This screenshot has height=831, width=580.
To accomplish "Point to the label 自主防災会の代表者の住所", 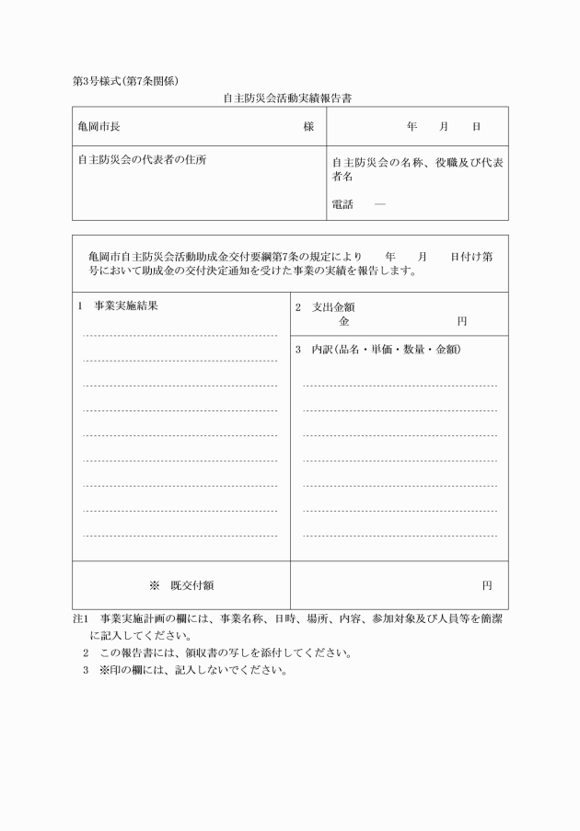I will (142, 158).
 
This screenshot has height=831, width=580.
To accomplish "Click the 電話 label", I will (342, 204).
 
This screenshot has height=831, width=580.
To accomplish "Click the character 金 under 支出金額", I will (344, 322).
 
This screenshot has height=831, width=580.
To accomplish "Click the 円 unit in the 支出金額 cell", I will (462, 322).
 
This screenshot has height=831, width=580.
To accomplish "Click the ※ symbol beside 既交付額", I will (154, 584).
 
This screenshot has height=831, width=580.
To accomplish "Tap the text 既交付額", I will (191, 584).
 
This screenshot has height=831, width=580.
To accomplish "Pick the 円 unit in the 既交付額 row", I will (487, 584).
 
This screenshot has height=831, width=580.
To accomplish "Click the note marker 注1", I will (79, 620).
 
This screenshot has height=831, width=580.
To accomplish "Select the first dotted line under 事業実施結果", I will (180, 336).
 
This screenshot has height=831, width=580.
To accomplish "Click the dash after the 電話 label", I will (379, 204).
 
